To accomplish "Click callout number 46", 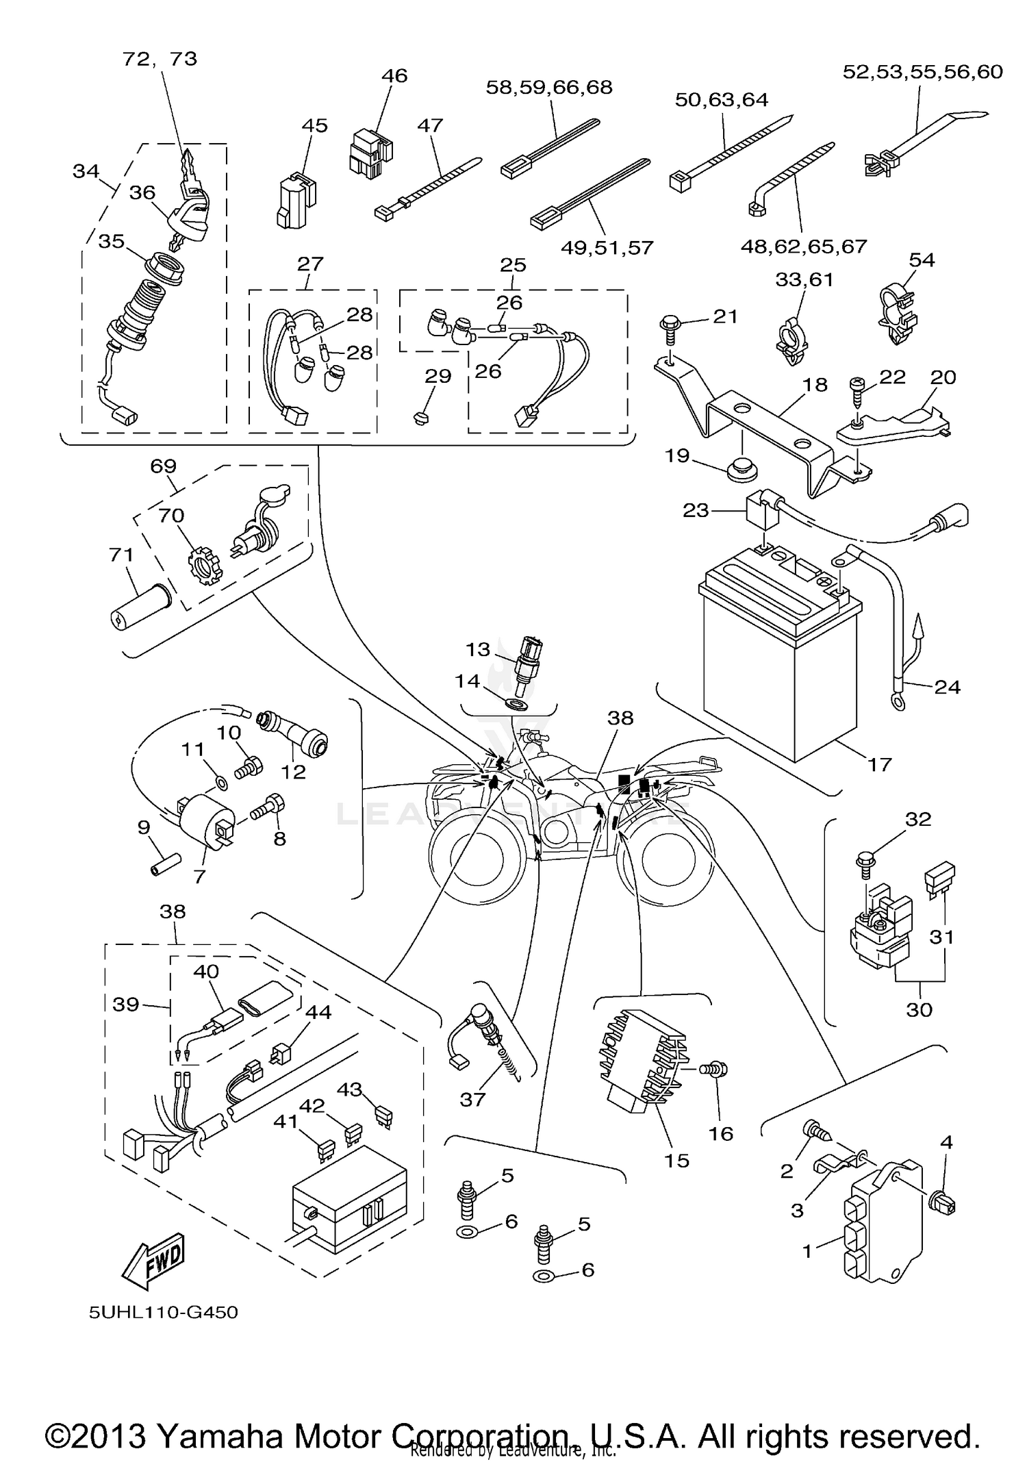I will tap(394, 75).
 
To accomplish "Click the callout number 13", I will tap(479, 648).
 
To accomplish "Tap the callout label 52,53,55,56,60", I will tap(922, 71).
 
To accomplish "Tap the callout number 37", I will tap(472, 1099).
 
